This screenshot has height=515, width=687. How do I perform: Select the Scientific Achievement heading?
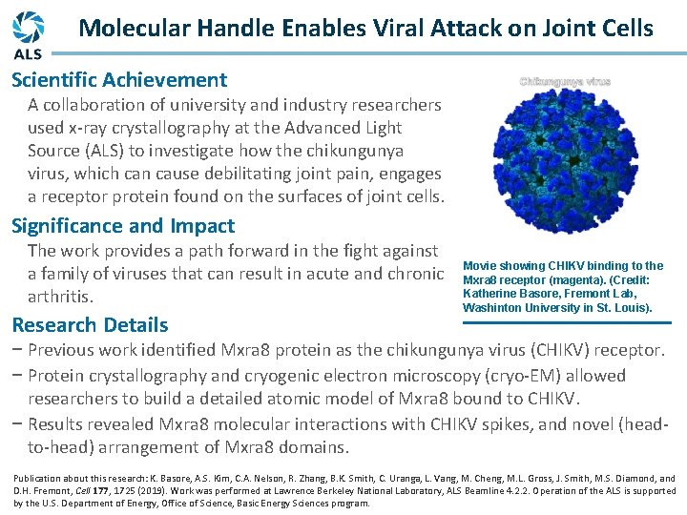click(119, 80)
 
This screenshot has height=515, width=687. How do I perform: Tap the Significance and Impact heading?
click(123, 226)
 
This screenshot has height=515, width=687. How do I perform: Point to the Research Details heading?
click(90, 324)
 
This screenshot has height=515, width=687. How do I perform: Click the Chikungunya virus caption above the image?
click(565, 81)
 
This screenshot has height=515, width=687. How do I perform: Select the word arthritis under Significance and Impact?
click(61, 297)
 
